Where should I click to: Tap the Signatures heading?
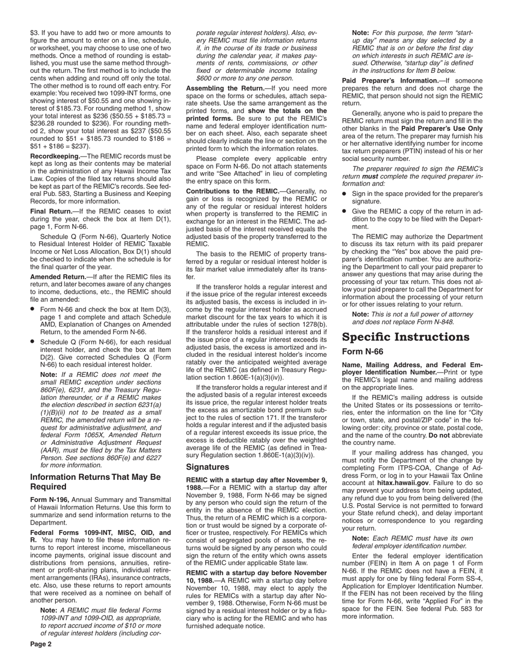207,466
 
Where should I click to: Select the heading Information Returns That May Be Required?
96,482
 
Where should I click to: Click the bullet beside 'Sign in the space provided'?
345,193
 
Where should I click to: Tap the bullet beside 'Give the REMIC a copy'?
345,211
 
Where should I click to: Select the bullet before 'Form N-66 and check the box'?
33,309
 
